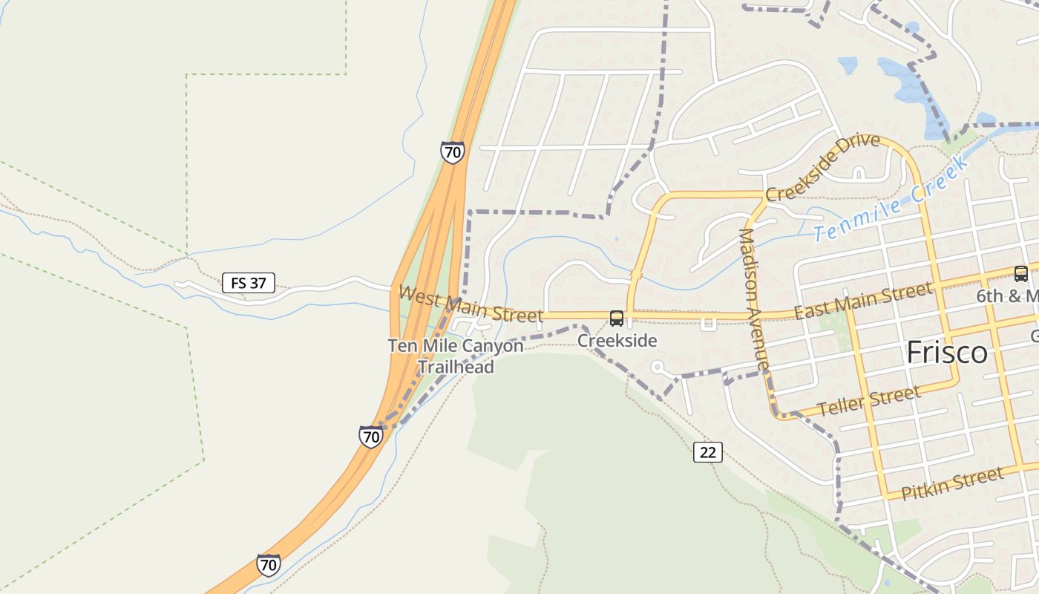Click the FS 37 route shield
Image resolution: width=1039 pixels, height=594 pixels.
tap(248, 283)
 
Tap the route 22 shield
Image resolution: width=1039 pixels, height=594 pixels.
tap(708, 451)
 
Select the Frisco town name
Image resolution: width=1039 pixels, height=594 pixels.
tap(947, 353)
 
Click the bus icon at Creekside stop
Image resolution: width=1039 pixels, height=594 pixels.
tap(617, 319)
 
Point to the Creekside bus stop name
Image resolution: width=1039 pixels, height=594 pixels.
tap(617, 341)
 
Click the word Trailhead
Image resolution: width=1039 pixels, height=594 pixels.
tap(456, 366)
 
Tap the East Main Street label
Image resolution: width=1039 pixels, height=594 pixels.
tap(863, 300)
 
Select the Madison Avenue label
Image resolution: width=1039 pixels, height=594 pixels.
tap(753, 299)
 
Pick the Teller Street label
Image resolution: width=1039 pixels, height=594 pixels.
tap(868, 401)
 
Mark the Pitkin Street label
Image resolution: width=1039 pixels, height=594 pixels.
tap(952, 483)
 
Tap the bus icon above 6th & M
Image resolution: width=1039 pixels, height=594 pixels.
tap(1021, 274)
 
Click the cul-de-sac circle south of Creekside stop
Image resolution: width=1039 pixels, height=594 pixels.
tap(656, 367)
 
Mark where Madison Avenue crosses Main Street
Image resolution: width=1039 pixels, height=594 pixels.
tap(750, 316)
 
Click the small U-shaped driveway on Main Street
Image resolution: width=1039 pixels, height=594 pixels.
tap(708, 323)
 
